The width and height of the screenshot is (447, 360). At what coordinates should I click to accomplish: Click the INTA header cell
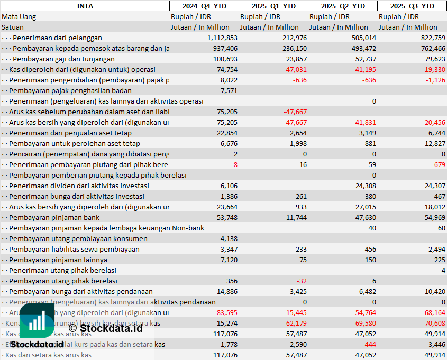(85, 6)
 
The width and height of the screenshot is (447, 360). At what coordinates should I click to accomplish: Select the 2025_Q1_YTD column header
(273, 6)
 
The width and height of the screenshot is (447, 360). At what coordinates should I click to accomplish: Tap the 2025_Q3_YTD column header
(412, 6)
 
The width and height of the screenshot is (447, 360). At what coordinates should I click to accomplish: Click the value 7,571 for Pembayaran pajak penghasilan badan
(229, 90)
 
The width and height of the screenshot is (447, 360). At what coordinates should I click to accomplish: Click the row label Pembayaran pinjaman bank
(54, 217)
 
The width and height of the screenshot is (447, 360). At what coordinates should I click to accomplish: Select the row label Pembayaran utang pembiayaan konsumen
(78, 238)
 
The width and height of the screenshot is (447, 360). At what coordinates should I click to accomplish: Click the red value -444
(368, 344)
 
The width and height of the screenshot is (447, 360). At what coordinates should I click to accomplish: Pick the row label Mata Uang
(19, 16)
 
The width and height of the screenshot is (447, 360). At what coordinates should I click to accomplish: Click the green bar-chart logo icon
(37, 321)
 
